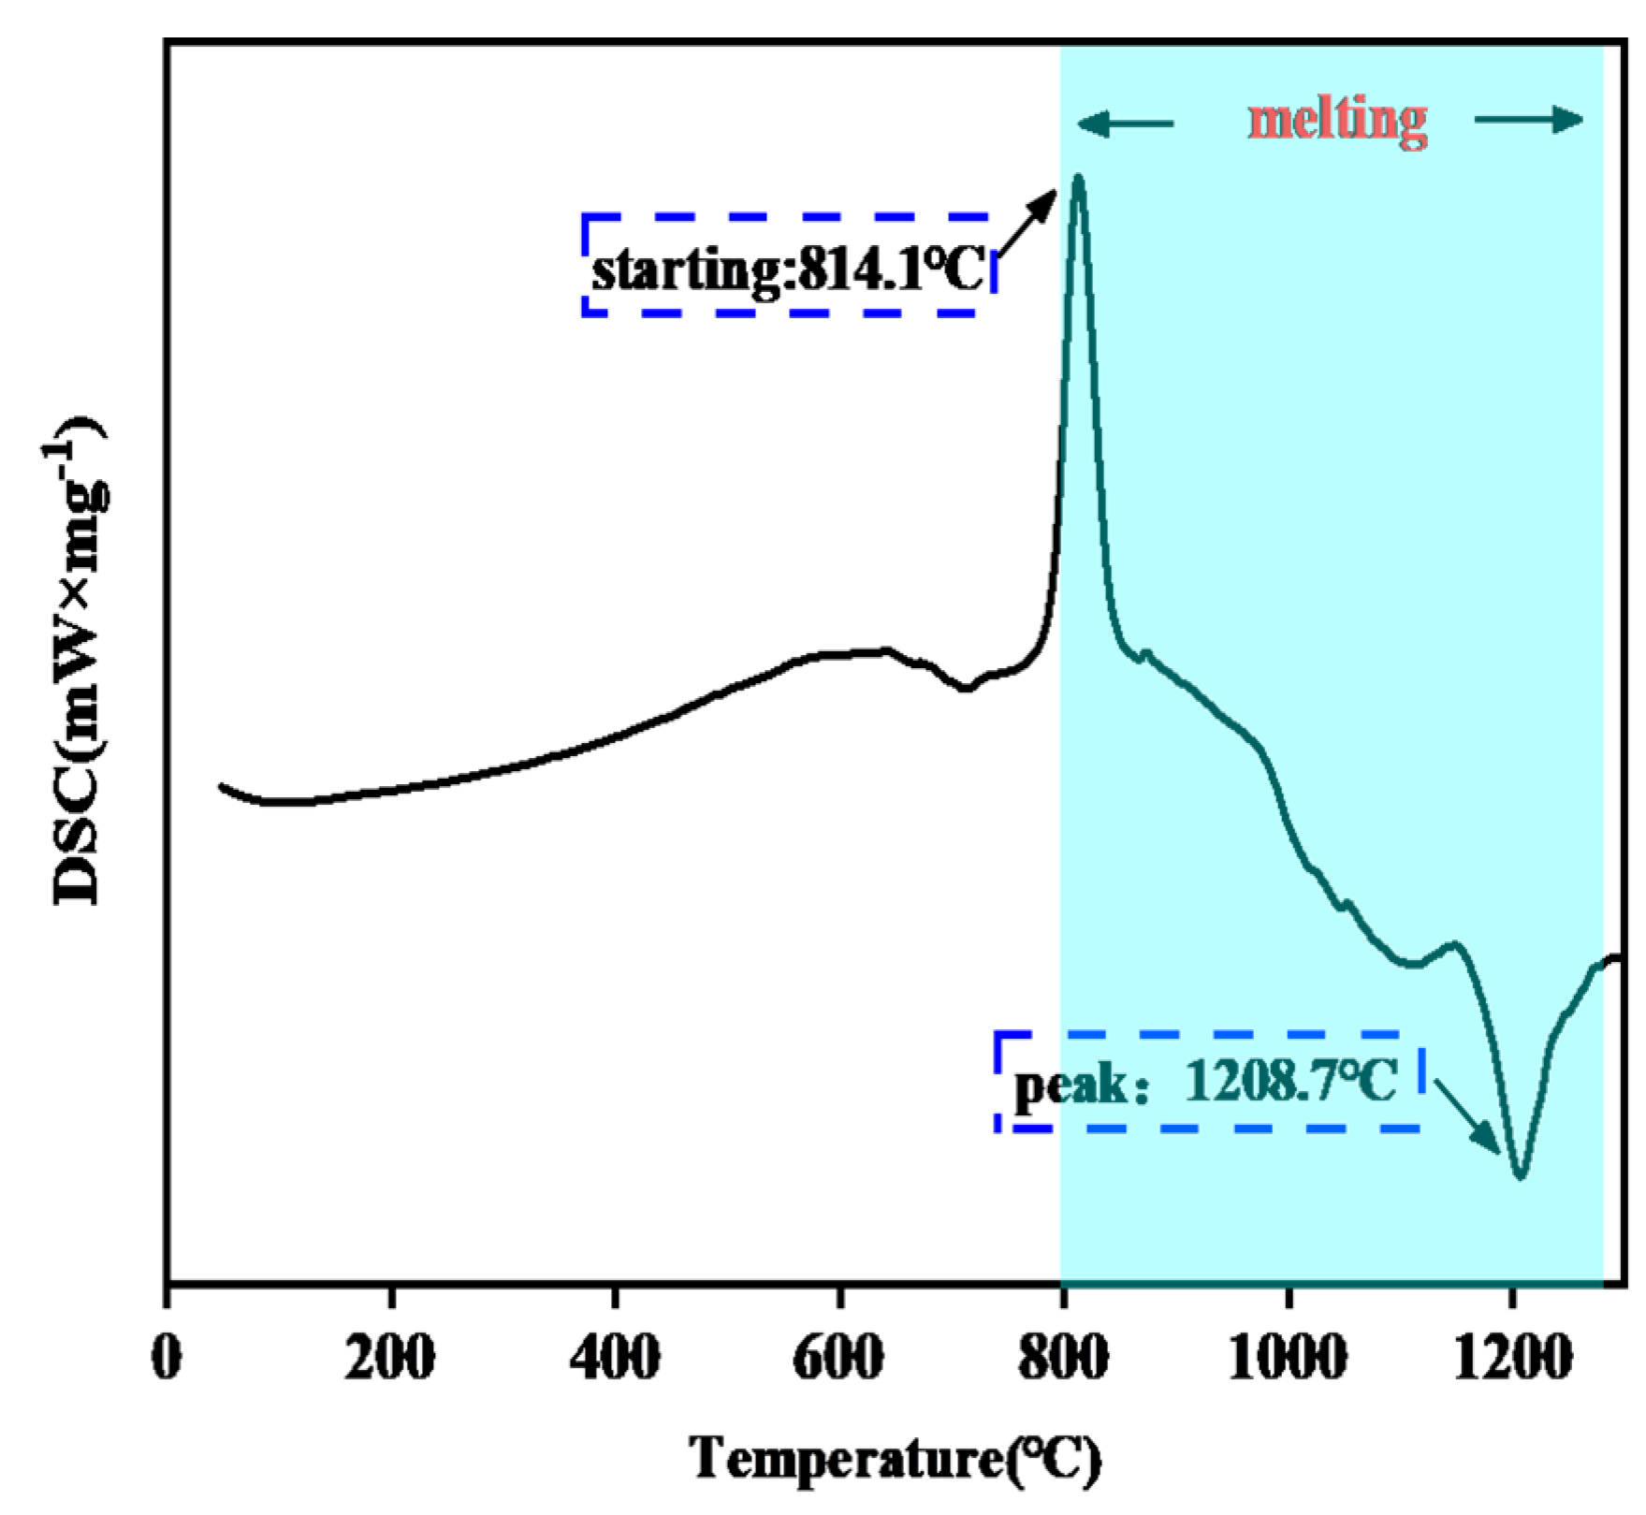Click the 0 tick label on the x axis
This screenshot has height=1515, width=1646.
click(167, 1358)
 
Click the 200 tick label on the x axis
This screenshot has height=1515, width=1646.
click(389, 1358)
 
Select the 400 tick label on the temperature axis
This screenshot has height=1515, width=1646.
click(615, 1358)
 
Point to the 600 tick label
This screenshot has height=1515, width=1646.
click(838, 1358)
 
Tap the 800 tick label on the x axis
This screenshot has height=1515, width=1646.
click(1064, 1358)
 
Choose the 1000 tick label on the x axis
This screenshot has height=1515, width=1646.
click(1288, 1358)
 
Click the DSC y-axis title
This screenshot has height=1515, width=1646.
click(80, 663)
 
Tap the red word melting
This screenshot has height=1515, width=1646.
click(1338, 121)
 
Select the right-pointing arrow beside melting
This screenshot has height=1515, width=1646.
click(1529, 120)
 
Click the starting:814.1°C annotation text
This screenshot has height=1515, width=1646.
click(788, 271)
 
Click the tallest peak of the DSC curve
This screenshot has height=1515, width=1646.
click(1078, 178)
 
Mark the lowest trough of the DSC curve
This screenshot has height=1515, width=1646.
click(1521, 1175)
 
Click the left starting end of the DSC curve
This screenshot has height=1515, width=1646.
click(222, 786)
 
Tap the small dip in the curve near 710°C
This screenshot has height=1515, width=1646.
click(967, 689)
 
